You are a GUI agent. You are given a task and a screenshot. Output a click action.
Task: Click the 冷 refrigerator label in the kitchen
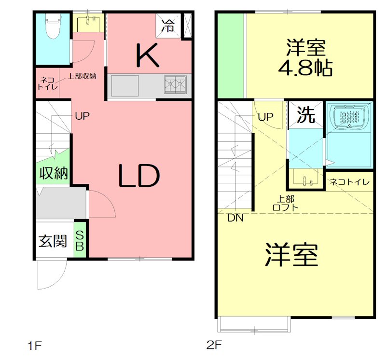point(168,26)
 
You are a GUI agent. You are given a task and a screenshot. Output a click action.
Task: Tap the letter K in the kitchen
point(148,55)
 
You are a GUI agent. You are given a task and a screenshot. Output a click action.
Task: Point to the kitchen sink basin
point(125,86)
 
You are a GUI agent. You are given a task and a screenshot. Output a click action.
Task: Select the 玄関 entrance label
point(53,240)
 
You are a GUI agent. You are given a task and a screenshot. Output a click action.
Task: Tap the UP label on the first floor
point(83,116)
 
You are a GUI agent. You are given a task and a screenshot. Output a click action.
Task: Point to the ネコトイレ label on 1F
point(47,83)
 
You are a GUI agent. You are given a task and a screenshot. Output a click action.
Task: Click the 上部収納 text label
point(82,75)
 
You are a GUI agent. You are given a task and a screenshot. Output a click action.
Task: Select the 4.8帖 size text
point(305,68)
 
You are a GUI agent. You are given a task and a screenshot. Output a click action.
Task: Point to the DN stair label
point(235,218)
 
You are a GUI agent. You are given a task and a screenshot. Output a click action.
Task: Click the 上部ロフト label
point(286,203)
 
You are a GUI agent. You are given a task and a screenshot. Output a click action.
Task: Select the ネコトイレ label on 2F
point(350,182)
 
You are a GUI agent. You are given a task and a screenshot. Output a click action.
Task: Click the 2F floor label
point(213,345)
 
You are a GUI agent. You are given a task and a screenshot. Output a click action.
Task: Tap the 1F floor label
point(35,346)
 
